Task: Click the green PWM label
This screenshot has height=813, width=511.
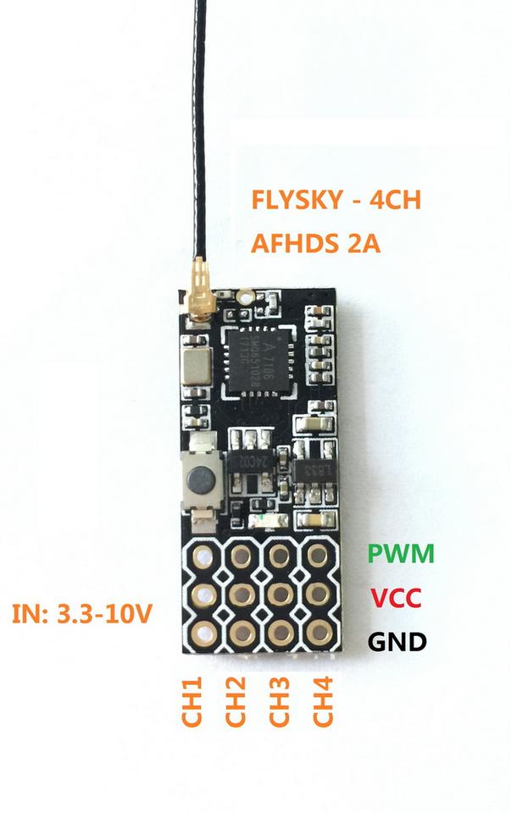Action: pos(401,555)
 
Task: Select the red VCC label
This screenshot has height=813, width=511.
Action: pos(396,597)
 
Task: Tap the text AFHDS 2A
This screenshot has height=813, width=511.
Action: pos(315,244)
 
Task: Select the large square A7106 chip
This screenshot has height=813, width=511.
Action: pos(255,360)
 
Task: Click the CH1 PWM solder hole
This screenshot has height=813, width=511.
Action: pos(203,556)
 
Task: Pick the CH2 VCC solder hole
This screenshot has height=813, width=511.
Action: pos(242,593)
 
